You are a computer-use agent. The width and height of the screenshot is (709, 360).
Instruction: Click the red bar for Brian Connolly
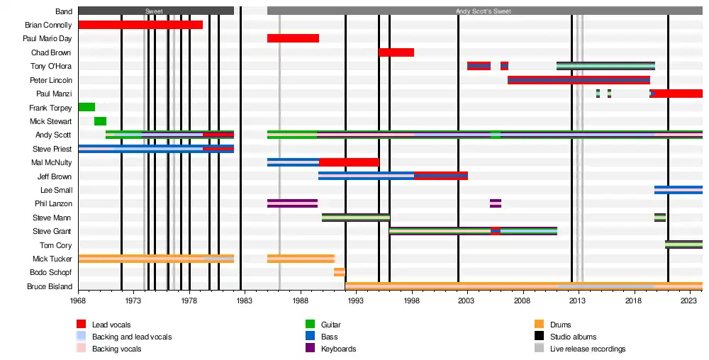pos(140,25)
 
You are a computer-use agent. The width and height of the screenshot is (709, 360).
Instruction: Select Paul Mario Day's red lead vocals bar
pos(293,38)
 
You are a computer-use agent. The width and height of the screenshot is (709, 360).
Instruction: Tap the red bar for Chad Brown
pos(396,52)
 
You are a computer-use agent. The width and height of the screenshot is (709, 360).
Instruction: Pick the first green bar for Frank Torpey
pos(86,107)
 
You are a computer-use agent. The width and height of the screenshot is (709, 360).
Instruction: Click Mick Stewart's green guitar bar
pos(100,121)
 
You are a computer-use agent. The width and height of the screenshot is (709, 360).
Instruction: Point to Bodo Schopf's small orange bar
pos(340,272)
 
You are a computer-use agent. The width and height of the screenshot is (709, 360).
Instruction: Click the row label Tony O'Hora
pos(51,66)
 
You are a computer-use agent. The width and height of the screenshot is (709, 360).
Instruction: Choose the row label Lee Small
pos(55,190)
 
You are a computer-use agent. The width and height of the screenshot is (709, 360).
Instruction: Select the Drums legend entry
pos(560,325)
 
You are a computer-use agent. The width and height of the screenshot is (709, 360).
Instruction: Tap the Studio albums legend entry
pos(573,337)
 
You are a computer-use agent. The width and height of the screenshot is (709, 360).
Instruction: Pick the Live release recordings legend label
pos(588,349)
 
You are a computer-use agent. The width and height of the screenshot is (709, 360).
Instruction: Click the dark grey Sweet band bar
pos(156,11)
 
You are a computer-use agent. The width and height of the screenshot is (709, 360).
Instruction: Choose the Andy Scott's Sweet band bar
pos(484,11)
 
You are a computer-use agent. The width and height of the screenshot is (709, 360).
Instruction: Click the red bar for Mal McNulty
pos(349,162)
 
